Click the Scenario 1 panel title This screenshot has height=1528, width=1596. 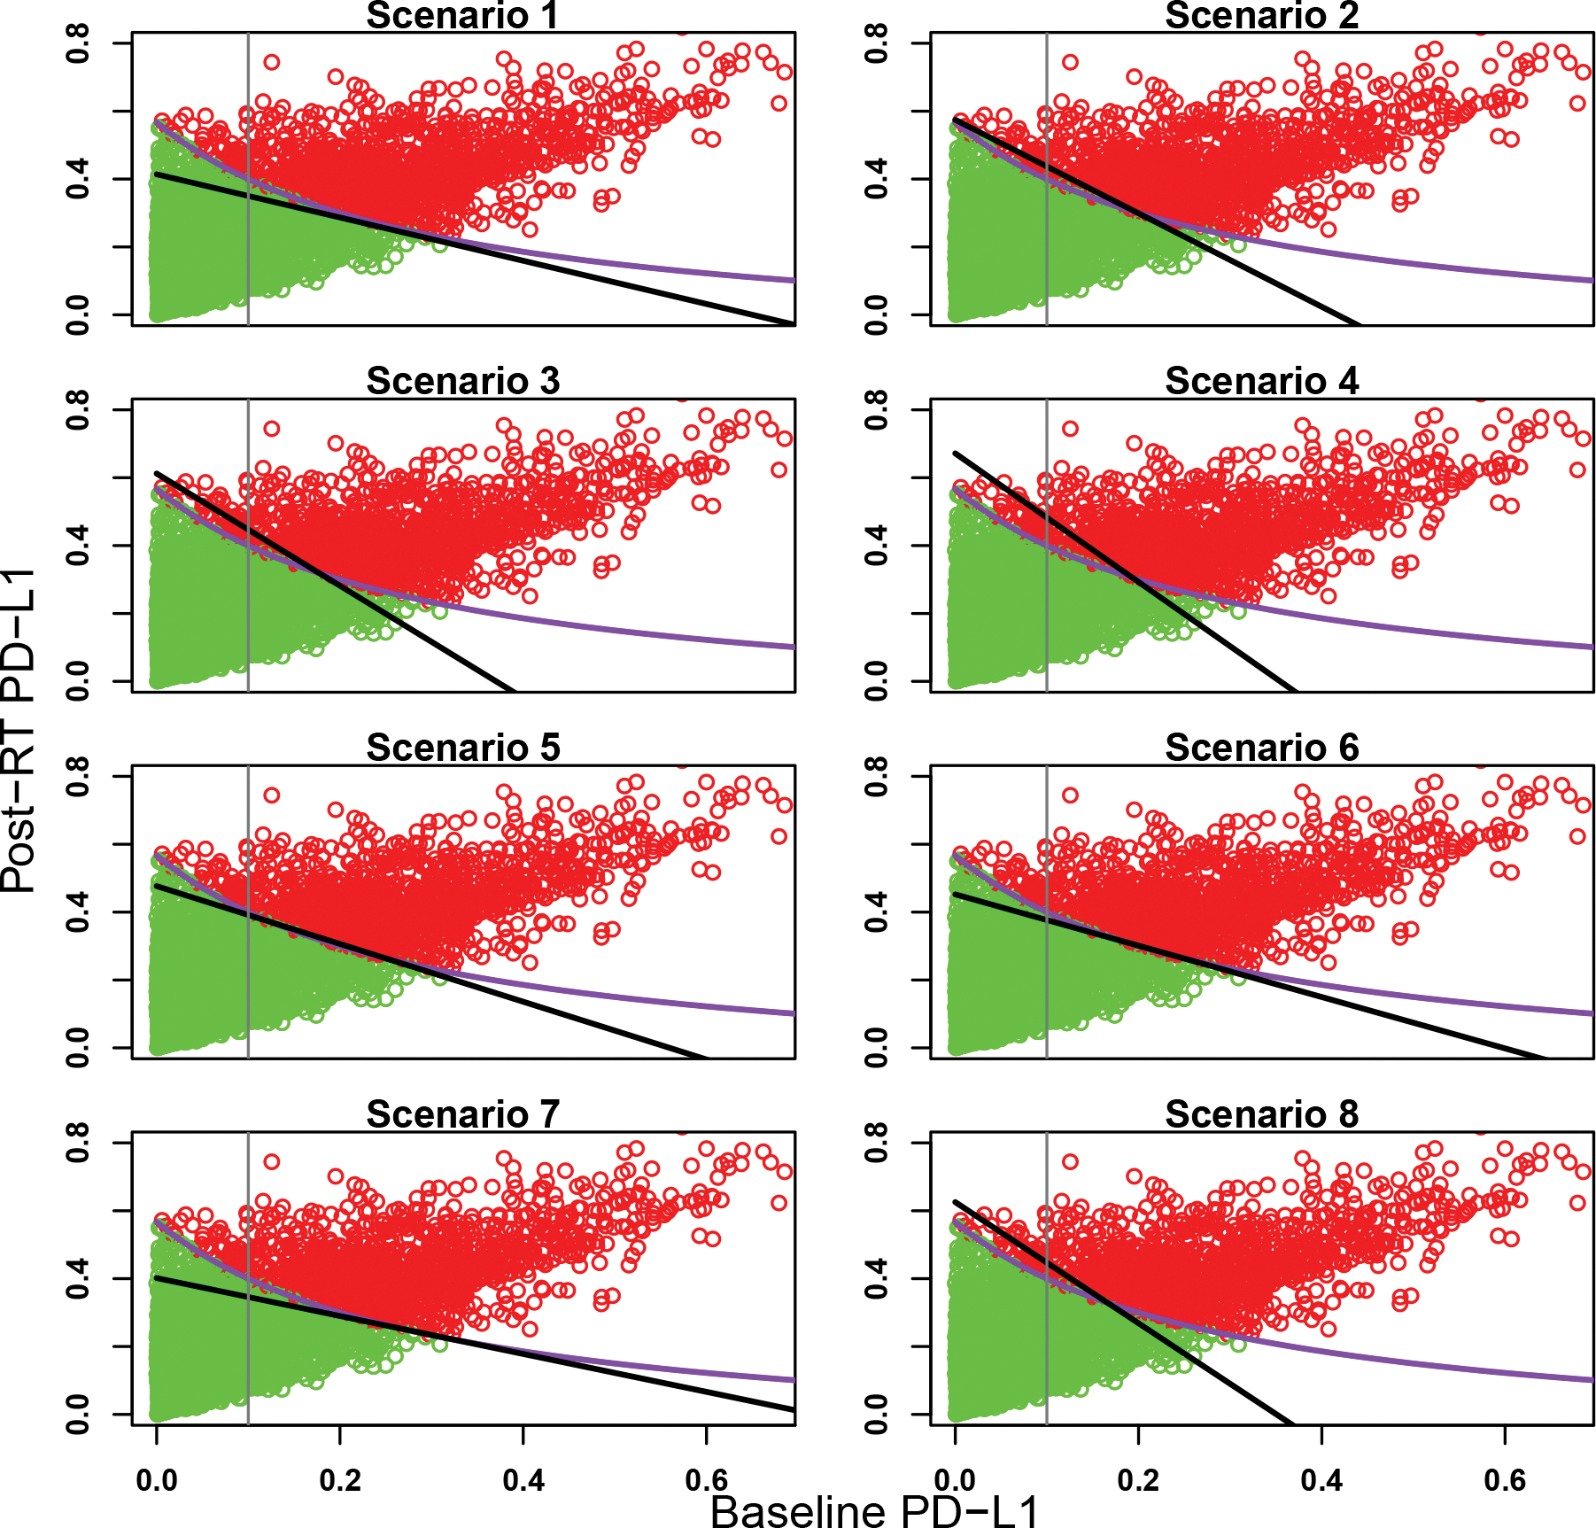click(x=462, y=16)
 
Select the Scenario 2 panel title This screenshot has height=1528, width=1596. click(x=1261, y=16)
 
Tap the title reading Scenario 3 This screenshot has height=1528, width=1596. click(x=462, y=382)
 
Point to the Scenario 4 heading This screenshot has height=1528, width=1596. click(x=1261, y=382)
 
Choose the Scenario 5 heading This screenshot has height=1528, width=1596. click(x=462, y=748)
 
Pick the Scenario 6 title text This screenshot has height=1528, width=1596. click(x=1261, y=748)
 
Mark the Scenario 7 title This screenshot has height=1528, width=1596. click(x=462, y=1115)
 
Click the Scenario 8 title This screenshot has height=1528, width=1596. click(x=1261, y=1115)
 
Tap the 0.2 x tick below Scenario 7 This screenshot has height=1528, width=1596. click(x=340, y=1480)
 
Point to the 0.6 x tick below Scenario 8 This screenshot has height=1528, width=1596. click(x=1505, y=1480)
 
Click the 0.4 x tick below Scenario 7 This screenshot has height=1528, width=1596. click(x=523, y=1480)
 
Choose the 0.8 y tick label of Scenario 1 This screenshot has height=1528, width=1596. click(x=78, y=43)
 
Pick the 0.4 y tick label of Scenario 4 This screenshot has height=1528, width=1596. click(x=877, y=545)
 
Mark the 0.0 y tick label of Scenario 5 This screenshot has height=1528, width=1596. click(x=78, y=1048)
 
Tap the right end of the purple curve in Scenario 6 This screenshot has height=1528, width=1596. click(x=1591, y=1012)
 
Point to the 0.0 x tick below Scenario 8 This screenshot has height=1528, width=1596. click(x=955, y=1480)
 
